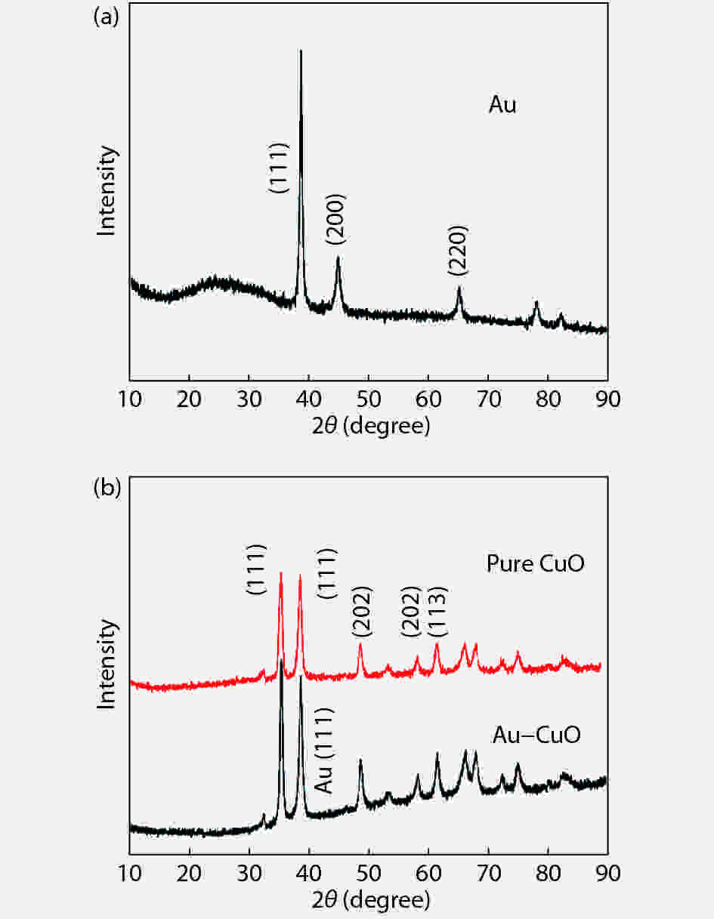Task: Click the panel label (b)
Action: point(105,489)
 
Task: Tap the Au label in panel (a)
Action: point(502,104)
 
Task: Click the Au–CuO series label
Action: point(536,734)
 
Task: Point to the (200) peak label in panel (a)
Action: point(336,219)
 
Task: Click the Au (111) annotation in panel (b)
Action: point(324,751)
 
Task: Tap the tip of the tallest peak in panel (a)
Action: point(301,51)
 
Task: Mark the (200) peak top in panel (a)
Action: point(338,258)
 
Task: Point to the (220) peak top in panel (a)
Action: point(459,288)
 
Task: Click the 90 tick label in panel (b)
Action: point(607,871)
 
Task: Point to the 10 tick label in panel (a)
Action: point(130,399)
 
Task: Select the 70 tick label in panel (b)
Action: point(488,871)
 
